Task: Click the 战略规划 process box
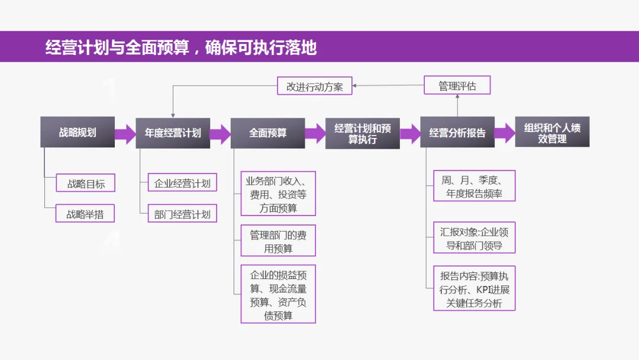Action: coord(77,132)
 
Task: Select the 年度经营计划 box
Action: coord(173,133)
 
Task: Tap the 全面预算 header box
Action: coord(267,133)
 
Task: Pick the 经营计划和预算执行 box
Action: coord(362,133)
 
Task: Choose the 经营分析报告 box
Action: coord(457,133)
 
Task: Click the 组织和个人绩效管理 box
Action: coord(552,133)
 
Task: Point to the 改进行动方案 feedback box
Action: coord(315,86)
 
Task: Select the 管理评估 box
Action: coord(457,86)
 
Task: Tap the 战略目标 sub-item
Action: coord(86,184)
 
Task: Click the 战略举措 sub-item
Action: coord(86,214)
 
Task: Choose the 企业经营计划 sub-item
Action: coord(182,183)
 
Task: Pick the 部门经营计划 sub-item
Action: coord(182,214)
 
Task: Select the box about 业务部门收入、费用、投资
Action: coord(278,194)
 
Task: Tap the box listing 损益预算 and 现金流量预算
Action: coord(278,295)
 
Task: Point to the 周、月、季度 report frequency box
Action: coord(474,187)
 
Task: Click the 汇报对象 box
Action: coord(474,239)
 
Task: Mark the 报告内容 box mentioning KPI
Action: coord(474,289)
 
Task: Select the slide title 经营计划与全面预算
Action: coord(180,47)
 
